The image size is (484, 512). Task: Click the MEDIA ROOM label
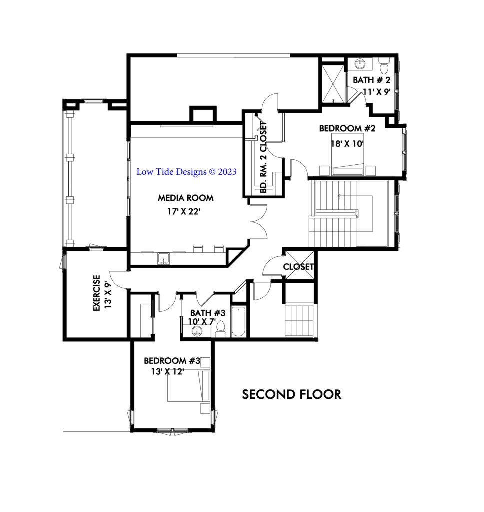pos(185,198)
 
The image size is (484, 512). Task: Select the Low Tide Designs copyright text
pos(186,172)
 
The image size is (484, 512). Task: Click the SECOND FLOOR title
pos(292,394)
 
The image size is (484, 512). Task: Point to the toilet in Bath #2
pos(384,66)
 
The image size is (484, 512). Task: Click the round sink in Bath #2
pos(360,64)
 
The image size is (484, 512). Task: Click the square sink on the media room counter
pos(162,258)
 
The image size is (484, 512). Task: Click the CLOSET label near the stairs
pos(298,267)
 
